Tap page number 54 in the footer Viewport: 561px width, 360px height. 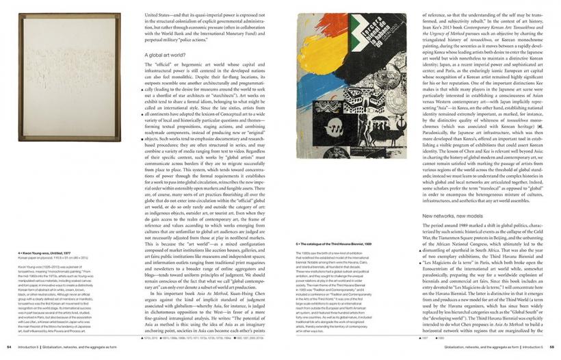pyautogui.click(x=9, y=347)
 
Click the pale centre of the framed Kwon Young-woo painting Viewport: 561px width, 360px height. pyautogui.click(x=68, y=75)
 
